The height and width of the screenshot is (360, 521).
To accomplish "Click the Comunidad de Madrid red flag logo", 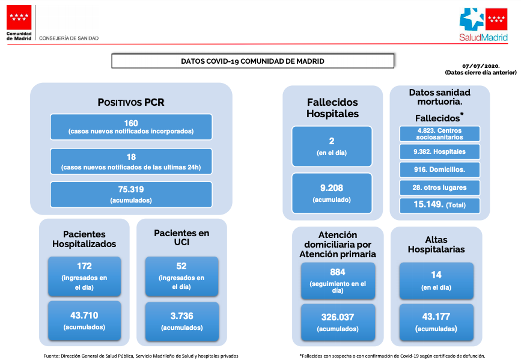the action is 19,17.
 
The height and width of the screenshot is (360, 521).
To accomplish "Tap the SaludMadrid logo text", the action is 484,37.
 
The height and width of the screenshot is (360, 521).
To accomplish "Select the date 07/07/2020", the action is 481,66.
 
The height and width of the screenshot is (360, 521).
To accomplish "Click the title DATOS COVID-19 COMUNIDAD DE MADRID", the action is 252,61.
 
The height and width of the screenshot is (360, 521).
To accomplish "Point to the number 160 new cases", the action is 131,123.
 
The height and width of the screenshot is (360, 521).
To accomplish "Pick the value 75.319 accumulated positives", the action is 131,189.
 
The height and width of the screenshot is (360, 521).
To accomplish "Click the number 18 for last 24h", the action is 131,157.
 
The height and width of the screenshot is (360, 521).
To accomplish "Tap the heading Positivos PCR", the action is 131,102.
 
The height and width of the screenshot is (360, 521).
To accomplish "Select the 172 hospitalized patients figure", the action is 84,266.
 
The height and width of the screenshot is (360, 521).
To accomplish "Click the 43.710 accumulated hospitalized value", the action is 84,315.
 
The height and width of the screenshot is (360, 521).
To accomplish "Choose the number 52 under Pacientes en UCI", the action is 181,266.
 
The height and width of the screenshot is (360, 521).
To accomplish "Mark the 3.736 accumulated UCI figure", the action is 181,316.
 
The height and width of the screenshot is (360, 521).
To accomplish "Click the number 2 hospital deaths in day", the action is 332,141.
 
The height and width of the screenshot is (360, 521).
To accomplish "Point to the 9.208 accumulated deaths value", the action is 332,188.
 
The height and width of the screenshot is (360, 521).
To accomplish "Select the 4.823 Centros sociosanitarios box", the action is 440,133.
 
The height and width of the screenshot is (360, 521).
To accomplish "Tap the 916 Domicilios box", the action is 440,169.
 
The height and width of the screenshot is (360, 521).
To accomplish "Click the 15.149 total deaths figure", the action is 428,204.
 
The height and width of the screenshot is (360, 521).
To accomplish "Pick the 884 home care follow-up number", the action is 338,272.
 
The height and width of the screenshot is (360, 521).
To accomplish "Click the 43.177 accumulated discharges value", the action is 436,317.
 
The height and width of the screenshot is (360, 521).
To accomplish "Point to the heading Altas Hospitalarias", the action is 436,245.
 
